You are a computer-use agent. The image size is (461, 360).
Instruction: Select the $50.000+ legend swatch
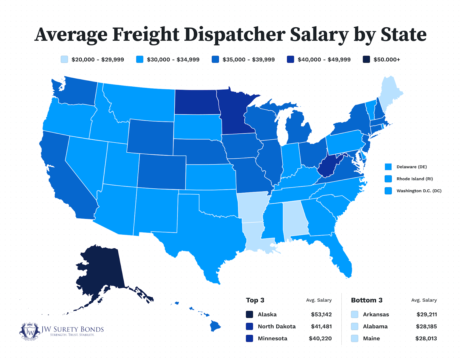(366, 60)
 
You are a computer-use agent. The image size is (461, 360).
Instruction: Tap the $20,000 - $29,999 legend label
(98, 60)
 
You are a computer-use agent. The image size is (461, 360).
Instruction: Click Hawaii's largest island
(215, 326)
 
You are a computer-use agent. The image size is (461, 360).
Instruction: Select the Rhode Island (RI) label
(415, 179)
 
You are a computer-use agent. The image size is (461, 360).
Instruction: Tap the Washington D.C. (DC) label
(419, 191)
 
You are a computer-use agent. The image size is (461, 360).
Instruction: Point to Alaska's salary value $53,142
(321, 314)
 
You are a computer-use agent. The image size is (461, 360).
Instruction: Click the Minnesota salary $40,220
(320, 338)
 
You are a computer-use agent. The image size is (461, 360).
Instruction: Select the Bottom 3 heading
(366, 300)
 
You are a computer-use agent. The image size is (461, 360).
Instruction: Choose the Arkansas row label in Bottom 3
(376, 314)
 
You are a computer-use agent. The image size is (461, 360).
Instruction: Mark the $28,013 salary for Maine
(426, 338)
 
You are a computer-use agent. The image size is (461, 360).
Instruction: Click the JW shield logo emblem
(29, 331)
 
